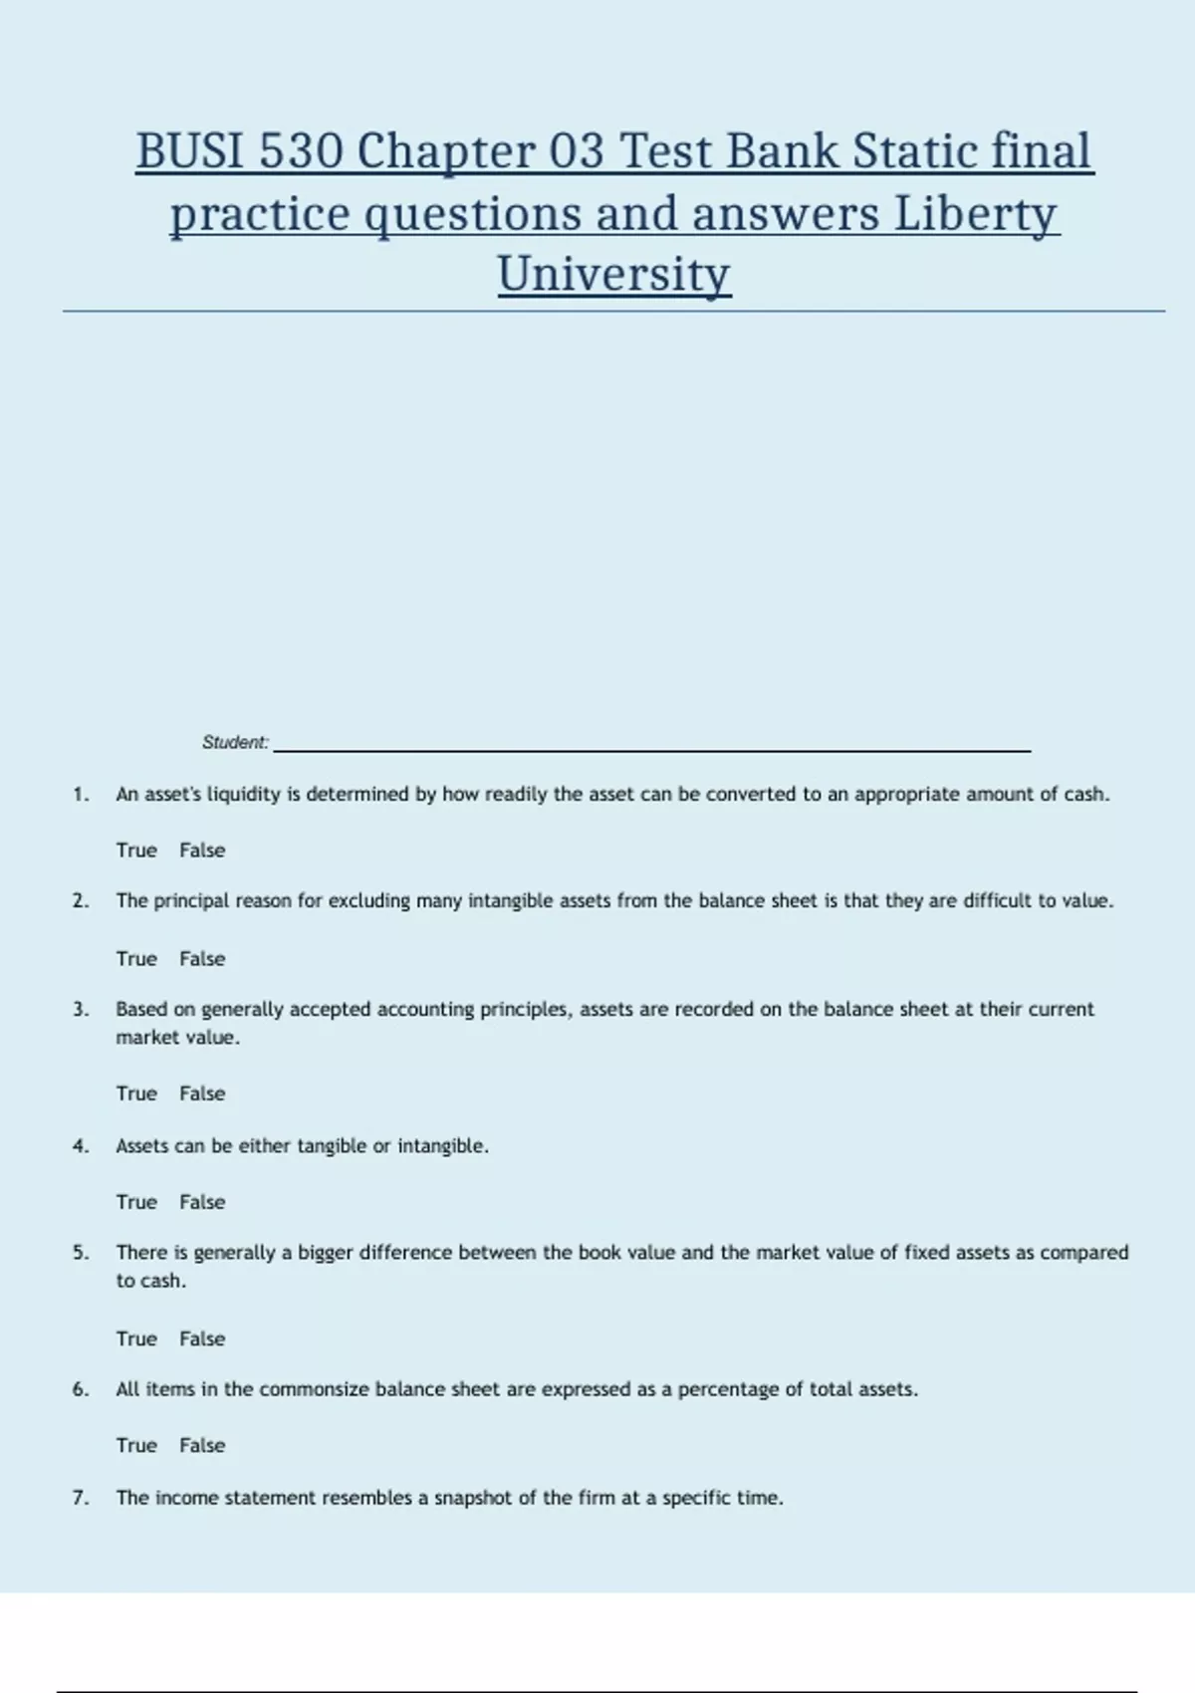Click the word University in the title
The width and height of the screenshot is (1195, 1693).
tap(614, 274)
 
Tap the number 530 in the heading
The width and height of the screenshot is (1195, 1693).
tap(302, 151)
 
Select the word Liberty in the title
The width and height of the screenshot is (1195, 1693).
tap(975, 213)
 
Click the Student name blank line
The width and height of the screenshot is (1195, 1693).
tap(652, 747)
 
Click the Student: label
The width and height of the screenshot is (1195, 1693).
tap(235, 742)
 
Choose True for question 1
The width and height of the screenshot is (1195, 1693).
tap(136, 850)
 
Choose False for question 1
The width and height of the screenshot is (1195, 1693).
tap(202, 850)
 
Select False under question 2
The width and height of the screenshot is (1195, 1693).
tap(202, 959)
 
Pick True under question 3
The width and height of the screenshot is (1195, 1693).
tap(136, 1093)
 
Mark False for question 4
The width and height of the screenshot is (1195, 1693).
tap(202, 1202)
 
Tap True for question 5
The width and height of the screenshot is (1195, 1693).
tap(136, 1338)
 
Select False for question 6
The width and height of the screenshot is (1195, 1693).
tap(202, 1445)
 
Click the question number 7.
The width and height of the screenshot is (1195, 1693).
tap(81, 1498)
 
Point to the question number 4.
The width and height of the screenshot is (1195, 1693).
tap(81, 1146)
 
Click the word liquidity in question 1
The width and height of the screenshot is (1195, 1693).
tap(243, 795)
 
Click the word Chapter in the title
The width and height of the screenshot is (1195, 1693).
tap(446, 151)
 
